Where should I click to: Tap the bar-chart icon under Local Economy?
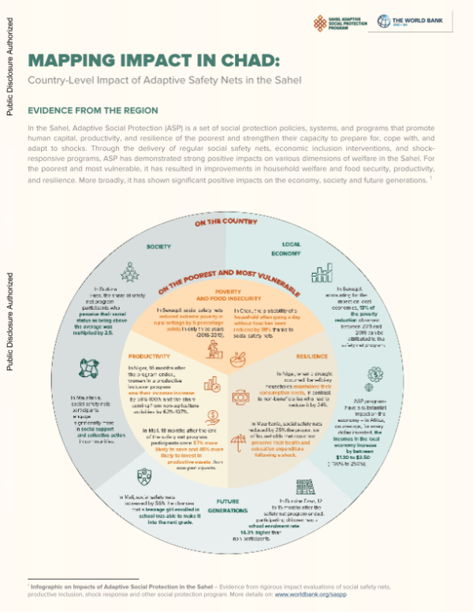(x=321, y=273)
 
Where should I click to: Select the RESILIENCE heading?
(x=313, y=357)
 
